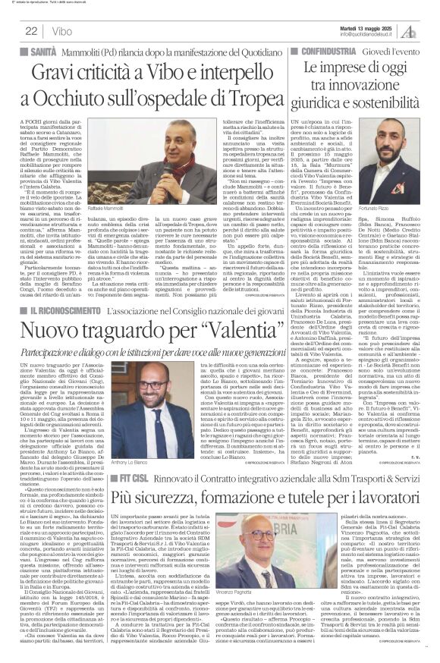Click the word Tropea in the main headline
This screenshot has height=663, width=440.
pos(256,100)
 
